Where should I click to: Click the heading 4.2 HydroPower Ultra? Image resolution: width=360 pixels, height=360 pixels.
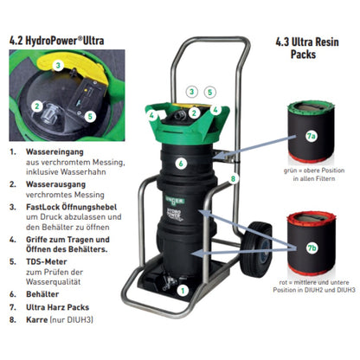point(57,41)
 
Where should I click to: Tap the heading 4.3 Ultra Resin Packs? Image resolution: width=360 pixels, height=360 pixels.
point(307,48)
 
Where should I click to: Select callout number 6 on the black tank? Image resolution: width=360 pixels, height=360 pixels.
point(181,164)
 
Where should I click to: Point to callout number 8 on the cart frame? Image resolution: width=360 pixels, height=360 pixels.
point(233,178)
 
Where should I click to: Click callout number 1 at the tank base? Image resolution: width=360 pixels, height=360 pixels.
point(183,291)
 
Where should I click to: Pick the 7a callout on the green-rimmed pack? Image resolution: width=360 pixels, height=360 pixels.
point(311,136)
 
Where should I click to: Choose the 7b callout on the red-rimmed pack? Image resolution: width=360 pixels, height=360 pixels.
point(312,247)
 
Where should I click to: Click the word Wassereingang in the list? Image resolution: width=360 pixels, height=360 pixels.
point(55,151)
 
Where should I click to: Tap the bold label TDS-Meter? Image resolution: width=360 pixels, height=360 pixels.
point(47,261)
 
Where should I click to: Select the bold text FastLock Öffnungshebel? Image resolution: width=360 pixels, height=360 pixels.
point(72,207)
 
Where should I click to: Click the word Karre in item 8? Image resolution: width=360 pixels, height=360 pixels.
point(37,319)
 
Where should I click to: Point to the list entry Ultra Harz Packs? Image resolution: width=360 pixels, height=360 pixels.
point(57,307)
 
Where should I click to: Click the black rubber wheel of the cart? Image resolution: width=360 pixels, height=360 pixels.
point(256,249)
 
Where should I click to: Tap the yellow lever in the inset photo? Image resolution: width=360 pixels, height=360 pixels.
point(75,68)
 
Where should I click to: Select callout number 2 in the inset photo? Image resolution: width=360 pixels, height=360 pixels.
point(37,106)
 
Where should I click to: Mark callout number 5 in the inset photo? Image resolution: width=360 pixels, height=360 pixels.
point(90,116)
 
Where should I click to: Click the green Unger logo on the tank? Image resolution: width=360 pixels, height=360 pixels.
point(175,201)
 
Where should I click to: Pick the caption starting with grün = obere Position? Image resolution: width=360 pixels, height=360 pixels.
point(314,174)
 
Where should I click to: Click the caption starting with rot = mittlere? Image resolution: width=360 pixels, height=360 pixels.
point(314,286)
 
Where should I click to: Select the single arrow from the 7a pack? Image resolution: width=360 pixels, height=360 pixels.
point(252,147)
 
